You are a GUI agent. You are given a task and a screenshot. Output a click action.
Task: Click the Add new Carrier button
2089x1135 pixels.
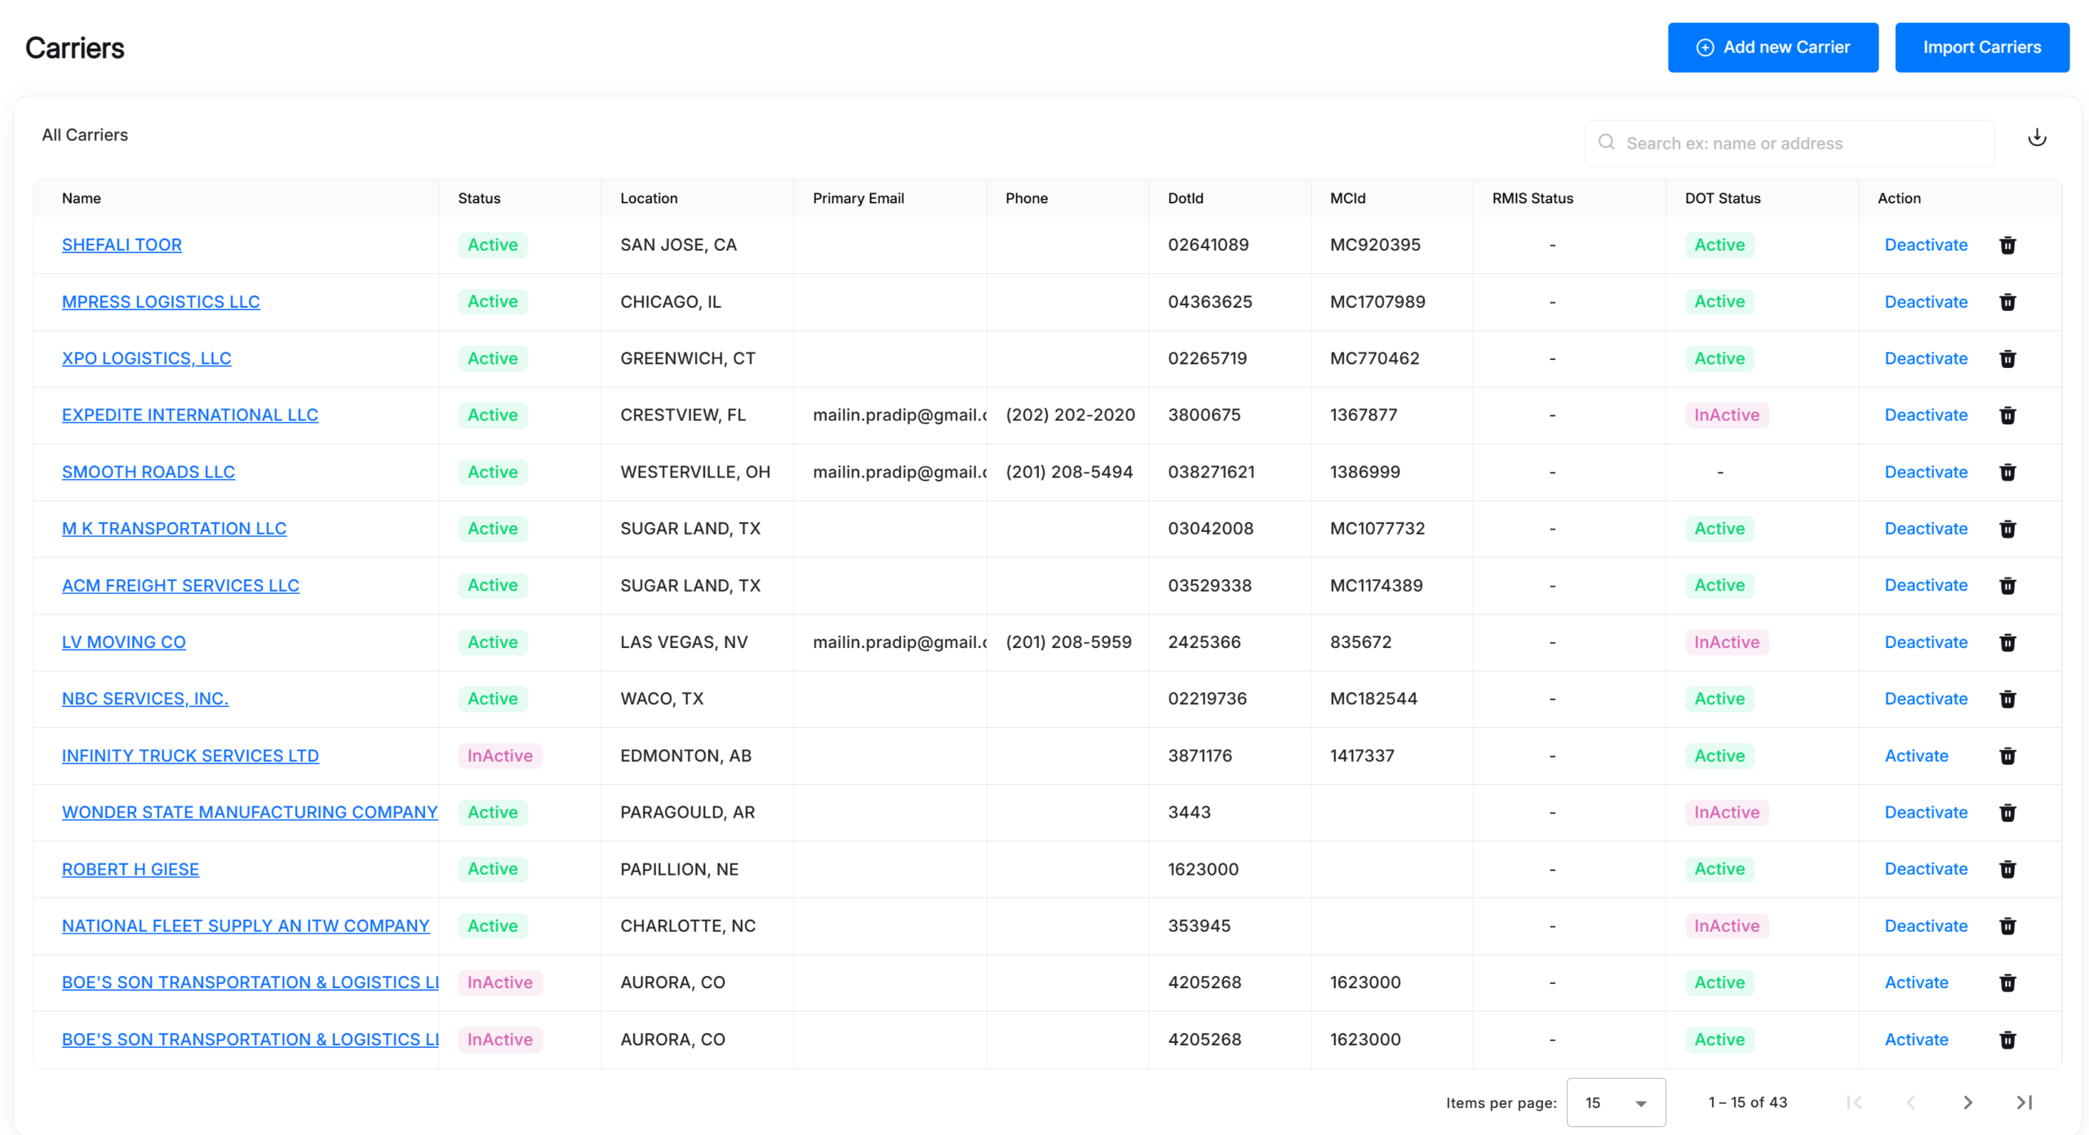tap(1772, 47)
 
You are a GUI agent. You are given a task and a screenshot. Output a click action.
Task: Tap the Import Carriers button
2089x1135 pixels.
tap(1982, 47)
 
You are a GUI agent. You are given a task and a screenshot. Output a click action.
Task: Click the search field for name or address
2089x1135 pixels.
tap(1790, 144)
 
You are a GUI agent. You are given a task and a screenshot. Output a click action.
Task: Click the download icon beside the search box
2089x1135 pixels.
tap(2037, 137)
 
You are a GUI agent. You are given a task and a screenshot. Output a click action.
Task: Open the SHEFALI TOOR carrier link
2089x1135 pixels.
tap(122, 245)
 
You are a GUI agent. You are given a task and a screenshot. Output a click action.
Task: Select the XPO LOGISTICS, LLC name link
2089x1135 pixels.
tap(147, 358)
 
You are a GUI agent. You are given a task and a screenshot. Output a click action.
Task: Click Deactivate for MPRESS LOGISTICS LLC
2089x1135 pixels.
tap(1926, 302)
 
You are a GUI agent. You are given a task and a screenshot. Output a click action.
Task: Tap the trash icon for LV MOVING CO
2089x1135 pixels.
tap(2007, 642)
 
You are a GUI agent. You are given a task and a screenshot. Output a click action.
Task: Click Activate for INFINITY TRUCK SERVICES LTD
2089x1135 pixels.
tap(1916, 756)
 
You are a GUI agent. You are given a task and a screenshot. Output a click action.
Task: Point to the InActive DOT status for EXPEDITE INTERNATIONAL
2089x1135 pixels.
tap(1727, 415)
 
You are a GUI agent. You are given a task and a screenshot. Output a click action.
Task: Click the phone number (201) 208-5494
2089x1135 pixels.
tap(1069, 472)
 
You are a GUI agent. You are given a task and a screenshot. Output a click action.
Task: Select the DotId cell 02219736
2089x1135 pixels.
tap(1207, 698)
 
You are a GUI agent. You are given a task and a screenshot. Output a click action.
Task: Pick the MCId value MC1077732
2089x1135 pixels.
tap(1377, 529)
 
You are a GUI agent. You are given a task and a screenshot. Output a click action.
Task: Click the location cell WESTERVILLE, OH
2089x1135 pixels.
tap(695, 472)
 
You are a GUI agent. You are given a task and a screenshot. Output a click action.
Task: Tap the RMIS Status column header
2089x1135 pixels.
tap(1532, 198)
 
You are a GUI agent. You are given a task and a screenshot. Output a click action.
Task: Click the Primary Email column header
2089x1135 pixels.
tap(858, 198)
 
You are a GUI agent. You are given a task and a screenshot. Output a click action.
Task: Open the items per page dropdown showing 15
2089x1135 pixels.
tap(1616, 1102)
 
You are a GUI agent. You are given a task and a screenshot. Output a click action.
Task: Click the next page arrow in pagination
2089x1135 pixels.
tap(1967, 1102)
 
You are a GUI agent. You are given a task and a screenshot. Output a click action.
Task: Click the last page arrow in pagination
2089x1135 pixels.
tap(2024, 1102)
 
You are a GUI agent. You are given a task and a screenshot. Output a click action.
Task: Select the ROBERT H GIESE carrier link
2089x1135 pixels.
tap(131, 869)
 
